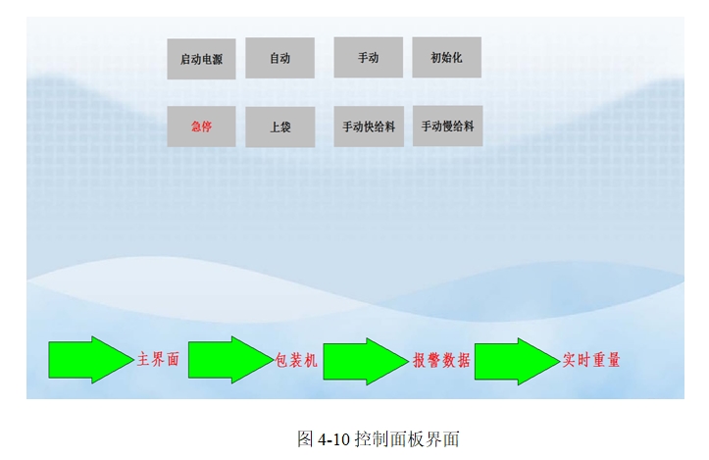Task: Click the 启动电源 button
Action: (x=201, y=59)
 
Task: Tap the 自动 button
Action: (x=279, y=58)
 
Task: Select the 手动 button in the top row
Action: (x=369, y=58)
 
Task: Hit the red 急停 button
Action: (x=201, y=127)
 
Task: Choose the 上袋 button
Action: (x=279, y=128)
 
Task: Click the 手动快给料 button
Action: (x=369, y=127)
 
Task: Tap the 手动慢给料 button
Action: (x=447, y=127)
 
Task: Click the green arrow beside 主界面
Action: (x=91, y=360)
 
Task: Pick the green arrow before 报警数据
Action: (x=366, y=361)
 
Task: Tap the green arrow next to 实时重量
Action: (x=517, y=361)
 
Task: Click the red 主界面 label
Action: (x=158, y=360)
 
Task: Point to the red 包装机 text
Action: (x=296, y=361)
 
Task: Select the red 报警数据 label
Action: (x=441, y=361)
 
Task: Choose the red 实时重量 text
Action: (x=591, y=361)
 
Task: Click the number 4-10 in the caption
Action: (x=334, y=439)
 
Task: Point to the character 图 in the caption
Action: (x=305, y=438)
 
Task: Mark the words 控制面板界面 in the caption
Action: (x=407, y=438)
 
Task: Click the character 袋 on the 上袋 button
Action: (x=285, y=128)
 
